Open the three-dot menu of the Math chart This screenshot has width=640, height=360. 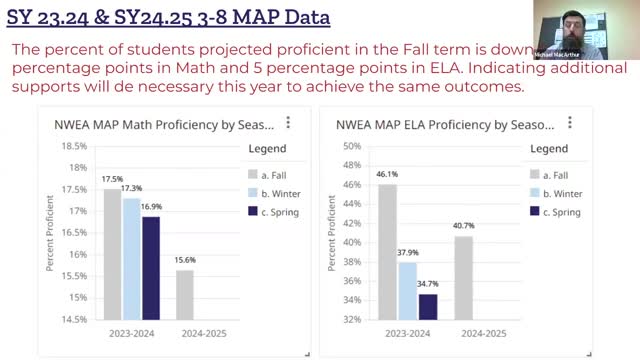(288, 123)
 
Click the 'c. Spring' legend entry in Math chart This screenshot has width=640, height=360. (270, 211)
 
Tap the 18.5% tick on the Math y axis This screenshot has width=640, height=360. (73, 146)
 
